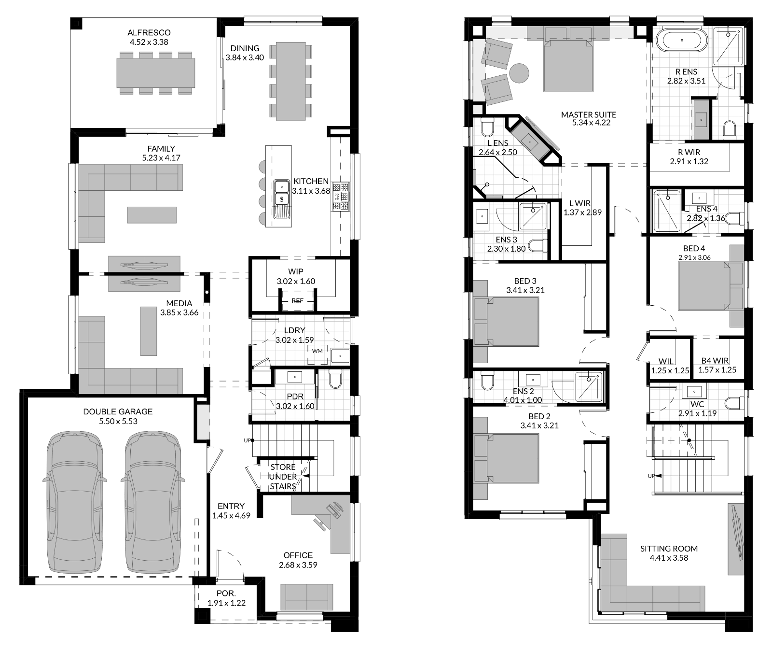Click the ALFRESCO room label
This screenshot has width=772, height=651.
click(x=149, y=33)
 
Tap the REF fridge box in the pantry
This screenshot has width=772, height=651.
click(x=298, y=301)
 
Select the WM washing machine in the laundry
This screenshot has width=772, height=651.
click(x=317, y=351)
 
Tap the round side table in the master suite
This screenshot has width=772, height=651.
click(x=520, y=73)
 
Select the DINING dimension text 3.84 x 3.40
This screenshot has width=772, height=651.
click(x=245, y=57)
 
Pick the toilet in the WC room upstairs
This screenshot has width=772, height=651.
click(x=734, y=403)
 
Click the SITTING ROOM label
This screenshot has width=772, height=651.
click(x=669, y=549)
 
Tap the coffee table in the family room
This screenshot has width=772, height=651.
click(x=152, y=214)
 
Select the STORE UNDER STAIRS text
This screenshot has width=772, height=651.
click(x=283, y=477)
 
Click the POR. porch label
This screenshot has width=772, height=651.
click(x=226, y=593)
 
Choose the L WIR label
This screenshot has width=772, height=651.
click(x=579, y=203)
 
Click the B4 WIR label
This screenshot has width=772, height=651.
click(x=715, y=361)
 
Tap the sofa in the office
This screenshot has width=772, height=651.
click(x=306, y=597)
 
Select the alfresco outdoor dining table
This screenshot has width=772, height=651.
click(x=156, y=73)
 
